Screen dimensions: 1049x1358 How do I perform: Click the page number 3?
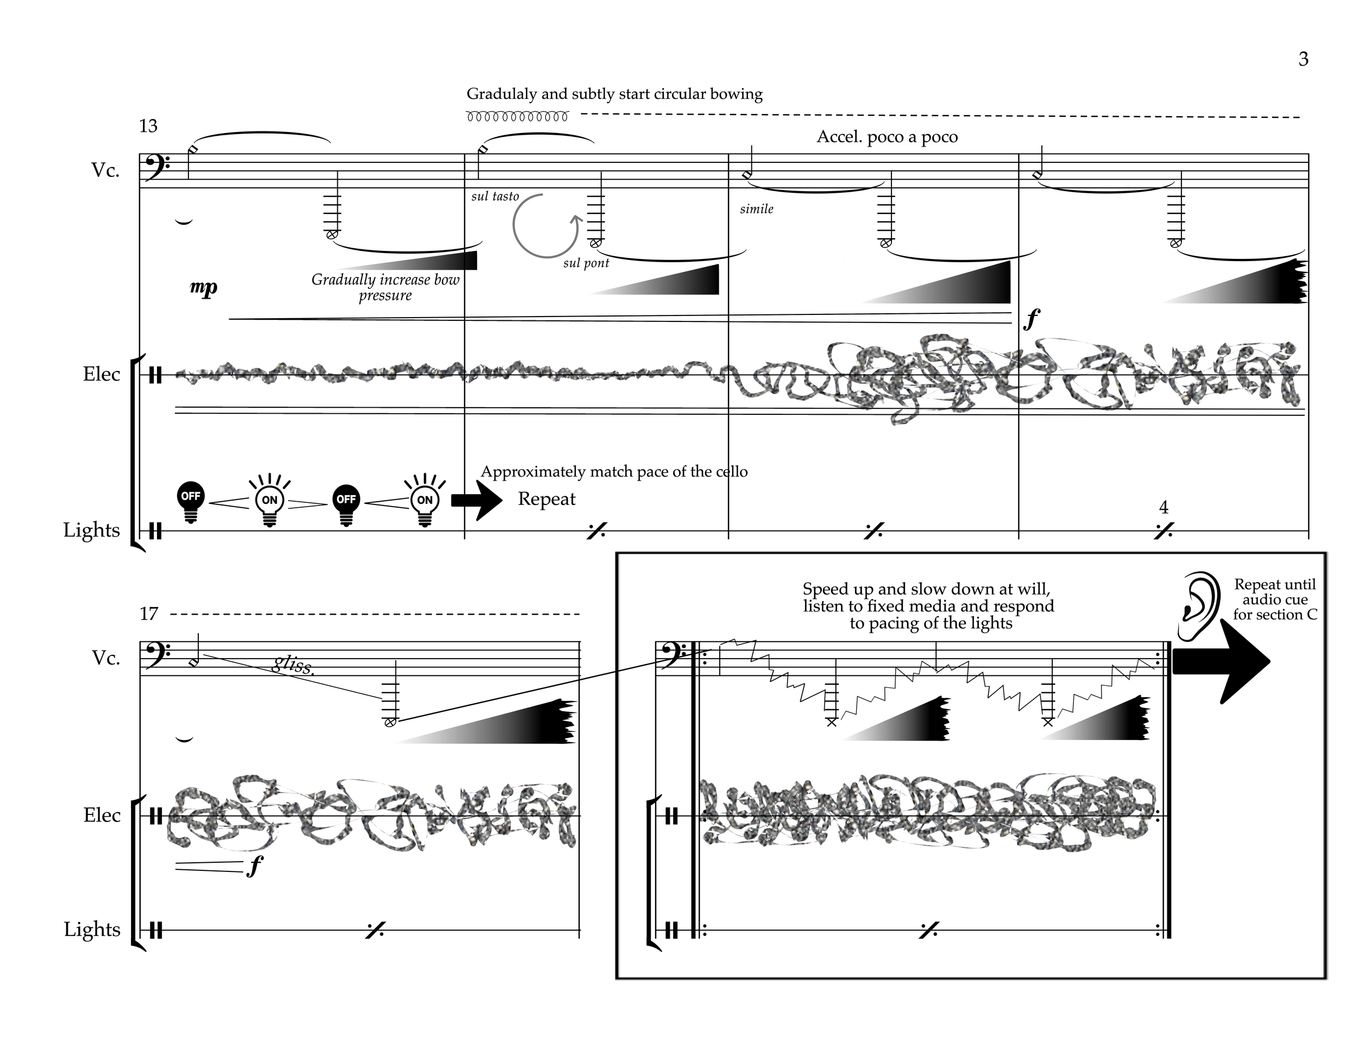pyautogui.click(x=1303, y=59)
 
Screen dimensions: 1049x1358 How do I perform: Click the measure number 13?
pyautogui.click(x=149, y=126)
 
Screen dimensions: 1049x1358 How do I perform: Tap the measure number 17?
pyautogui.click(x=149, y=614)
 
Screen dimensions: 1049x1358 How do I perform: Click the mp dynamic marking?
pyautogui.click(x=204, y=287)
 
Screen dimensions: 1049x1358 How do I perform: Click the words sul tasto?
pyautogui.click(x=495, y=197)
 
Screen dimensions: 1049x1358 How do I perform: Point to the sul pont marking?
pyautogui.click(x=586, y=263)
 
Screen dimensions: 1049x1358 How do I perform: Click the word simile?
pyautogui.click(x=757, y=210)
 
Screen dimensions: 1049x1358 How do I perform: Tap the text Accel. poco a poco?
pyautogui.click(x=887, y=137)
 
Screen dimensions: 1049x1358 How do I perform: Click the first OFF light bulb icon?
pyautogui.click(x=191, y=502)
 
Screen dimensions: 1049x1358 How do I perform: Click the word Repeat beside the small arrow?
pyautogui.click(x=546, y=499)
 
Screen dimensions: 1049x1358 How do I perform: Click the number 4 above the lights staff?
pyautogui.click(x=1164, y=508)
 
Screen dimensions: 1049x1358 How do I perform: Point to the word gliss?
pyautogui.click(x=293, y=666)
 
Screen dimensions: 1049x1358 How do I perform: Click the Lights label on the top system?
pyautogui.click(x=91, y=530)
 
